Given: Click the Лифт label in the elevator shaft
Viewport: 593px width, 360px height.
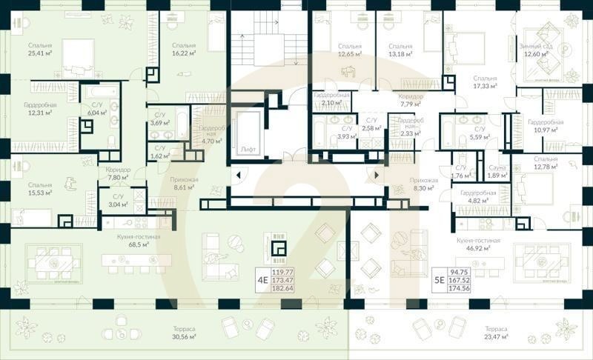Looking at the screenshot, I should click(x=248, y=149).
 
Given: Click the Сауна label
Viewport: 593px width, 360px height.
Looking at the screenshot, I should click(x=496, y=171).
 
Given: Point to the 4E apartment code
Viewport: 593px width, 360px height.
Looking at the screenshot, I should click(x=262, y=280).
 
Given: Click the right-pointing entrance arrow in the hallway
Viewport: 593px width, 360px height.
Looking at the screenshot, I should click(x=376, y=176).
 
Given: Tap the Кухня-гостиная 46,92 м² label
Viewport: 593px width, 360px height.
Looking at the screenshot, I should click(x=480, y=245).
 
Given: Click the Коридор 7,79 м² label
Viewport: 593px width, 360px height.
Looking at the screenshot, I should click(x=410, y=101).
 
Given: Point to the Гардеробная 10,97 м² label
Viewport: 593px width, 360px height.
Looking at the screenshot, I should click(x=545, y=126).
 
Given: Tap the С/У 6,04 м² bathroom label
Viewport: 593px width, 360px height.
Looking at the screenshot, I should click(x=97, y=110).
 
